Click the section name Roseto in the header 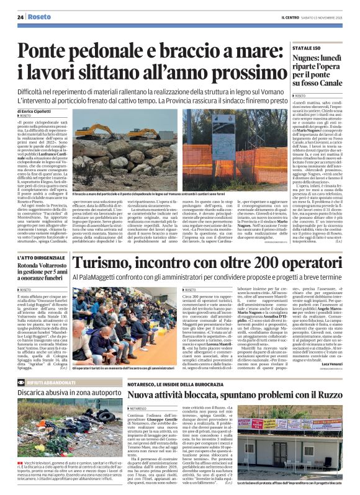click(x=38, y=17)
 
